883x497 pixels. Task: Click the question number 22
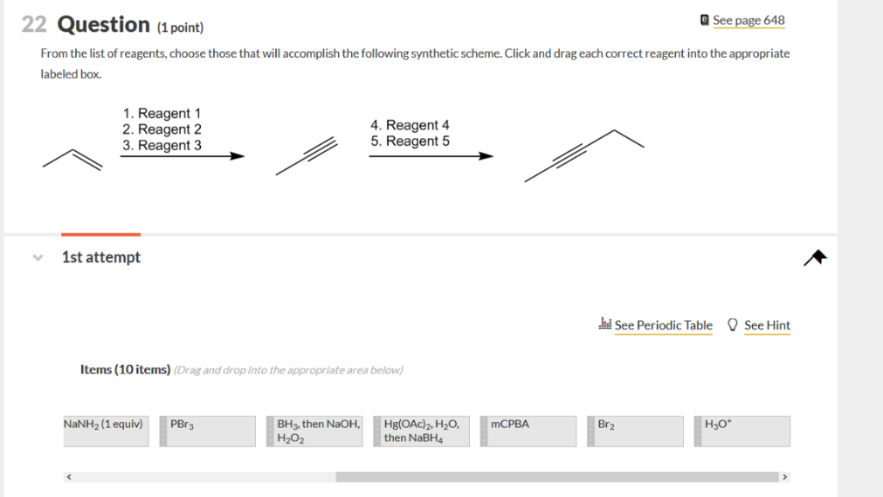[x=34, y=24]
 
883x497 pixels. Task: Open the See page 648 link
[x=748, y=20]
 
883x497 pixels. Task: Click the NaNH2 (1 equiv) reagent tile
[x=104, y=431]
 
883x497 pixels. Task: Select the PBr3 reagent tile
[x=208, y=431]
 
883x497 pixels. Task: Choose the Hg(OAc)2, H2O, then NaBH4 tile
[x=425, y=431]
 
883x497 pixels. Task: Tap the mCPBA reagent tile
[x=532, y=431]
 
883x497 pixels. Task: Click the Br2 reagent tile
[x=639, y=431]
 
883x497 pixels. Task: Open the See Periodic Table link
[x=663, y=325]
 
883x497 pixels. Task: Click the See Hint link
[x=767, y=325]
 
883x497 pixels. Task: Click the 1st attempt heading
[x=101, y=257]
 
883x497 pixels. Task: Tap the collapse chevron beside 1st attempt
[x=37, y=257]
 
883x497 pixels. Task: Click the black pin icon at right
[x=815, y=258]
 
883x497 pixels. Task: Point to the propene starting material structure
[x=72, y=159]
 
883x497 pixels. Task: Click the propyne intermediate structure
[x=304, y=156]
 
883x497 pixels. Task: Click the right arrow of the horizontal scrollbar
[x=785, y=476]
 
